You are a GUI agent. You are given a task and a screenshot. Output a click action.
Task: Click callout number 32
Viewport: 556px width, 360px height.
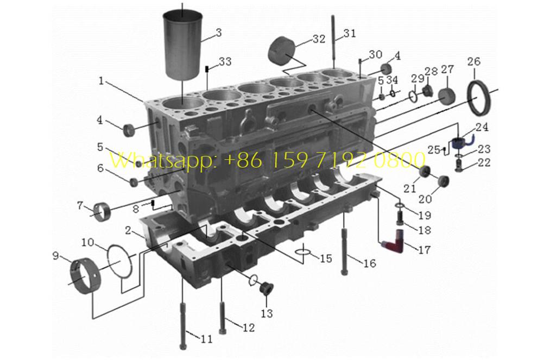pos(319,39)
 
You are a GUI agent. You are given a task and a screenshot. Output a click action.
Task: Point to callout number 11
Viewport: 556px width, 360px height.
pos(206,339)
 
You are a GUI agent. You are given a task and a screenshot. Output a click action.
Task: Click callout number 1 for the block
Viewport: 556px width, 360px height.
pos(101,80)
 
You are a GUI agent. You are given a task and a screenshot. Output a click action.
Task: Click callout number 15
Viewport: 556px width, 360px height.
pos(326,258)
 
